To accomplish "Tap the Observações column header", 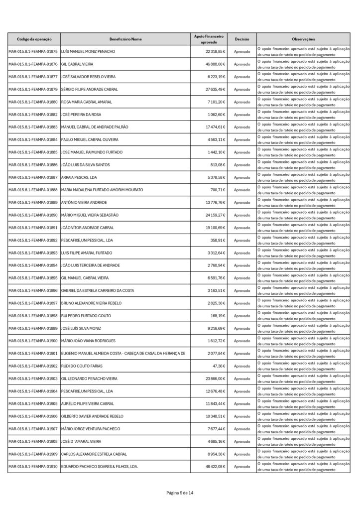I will [x=304, y=39].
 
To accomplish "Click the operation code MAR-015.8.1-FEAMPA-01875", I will [x=33, y=52].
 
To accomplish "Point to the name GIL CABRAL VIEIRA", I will [x=77, y=64].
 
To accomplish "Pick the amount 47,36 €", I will [x=219, y=366].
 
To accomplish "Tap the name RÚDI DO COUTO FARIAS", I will [x=82, y=366].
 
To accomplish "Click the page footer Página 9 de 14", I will [x=180, y=493].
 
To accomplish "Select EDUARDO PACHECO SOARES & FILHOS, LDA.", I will [x=99, y=466].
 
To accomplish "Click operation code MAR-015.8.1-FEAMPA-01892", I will [x=33, y=240].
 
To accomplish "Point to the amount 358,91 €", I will [x=217, y=240].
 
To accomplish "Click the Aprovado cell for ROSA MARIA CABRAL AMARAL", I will [x=242, y=102].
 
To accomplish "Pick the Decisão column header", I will [x=242, y=39].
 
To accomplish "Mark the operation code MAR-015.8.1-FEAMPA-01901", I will [x=33, y=353].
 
